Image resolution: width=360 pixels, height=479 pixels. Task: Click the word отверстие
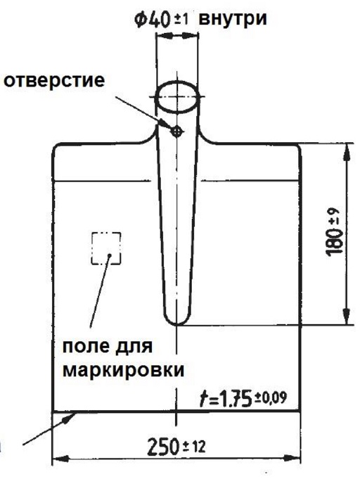(x=54, y=81)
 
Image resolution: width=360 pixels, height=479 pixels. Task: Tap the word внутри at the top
(x=233, y=19)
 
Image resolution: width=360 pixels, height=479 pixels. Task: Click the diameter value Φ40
(x=153, y=20)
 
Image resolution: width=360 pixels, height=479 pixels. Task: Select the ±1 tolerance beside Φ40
(x=181, y=21)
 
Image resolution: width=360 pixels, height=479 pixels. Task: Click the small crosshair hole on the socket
(x=176, y=132)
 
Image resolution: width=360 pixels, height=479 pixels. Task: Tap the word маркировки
(x=124, y=370)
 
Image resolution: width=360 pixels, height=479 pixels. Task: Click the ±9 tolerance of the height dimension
(x=334, y=216)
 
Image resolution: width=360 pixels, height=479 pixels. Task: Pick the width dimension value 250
(x=162, y=447)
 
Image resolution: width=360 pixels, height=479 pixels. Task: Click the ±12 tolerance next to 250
(x=194, y=447)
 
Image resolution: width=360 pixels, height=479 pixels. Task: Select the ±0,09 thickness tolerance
(x=270, y=397)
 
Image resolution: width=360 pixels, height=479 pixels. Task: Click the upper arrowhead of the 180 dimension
(x=347, y=151)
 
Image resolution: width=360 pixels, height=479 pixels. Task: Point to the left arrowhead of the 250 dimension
(x=60, y=458)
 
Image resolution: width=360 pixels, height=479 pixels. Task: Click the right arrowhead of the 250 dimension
(x=292, y=458)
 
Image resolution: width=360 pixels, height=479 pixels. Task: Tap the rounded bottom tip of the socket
(x=177, y=324)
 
